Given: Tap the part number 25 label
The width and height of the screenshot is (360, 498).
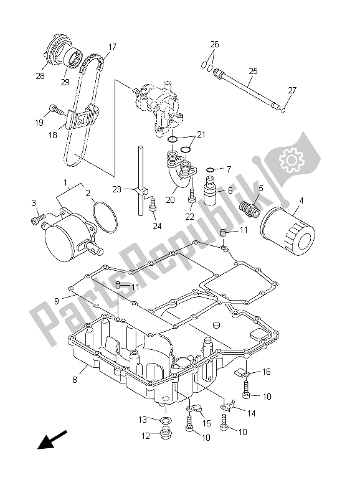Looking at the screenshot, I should pyautogui.click(x=252, y=72).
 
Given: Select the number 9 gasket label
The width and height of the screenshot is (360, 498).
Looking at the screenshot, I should pyautogui.click(x=57, y=301).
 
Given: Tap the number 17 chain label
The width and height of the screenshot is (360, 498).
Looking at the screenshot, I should pyautogui.click(x=112, y=47).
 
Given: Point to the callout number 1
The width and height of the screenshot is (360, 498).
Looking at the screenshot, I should pyautogui.click(x=65, y=182).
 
